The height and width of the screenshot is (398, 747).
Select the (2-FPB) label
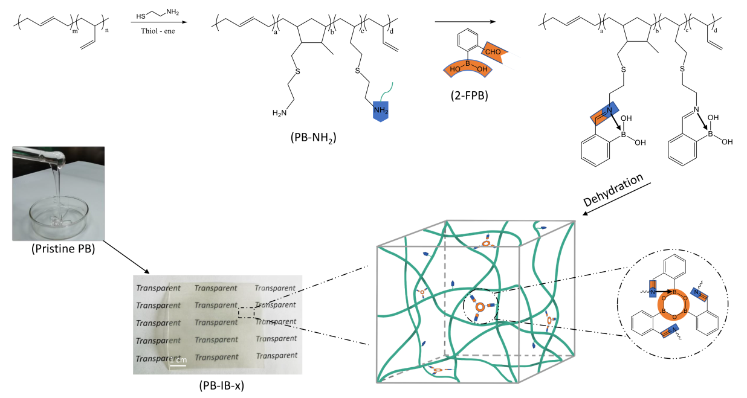(x=466, y=95)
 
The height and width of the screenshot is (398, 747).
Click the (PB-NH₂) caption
(x=313, y=138)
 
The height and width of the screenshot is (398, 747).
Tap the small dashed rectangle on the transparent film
(x=246, y=312)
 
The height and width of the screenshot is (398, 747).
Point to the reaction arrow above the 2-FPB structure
(x=465, y=22)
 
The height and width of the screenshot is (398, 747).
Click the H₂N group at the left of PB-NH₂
(x=280, y=112)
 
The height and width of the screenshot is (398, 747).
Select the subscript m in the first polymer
(x=75, y=31)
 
